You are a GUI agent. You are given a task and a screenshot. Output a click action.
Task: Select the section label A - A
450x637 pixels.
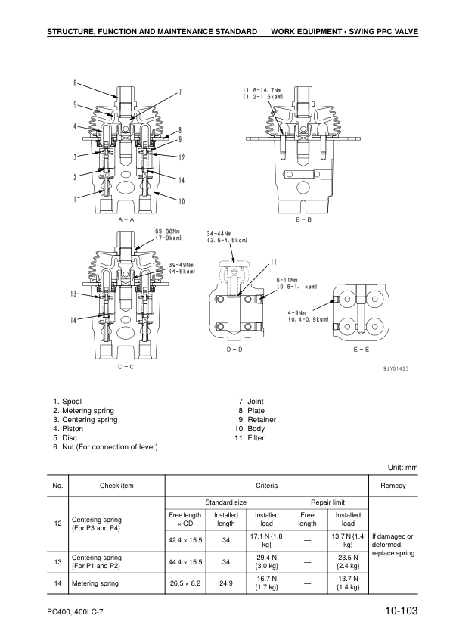[x=126, y=218]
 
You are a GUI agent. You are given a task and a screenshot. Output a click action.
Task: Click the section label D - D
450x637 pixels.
[x=234, y=350]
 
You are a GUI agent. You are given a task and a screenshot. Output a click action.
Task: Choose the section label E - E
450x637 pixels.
[x=361, y=350]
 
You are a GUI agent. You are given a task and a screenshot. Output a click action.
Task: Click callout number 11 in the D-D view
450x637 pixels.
[x=273, y=263]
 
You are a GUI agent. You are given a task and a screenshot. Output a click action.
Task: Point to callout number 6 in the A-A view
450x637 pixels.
[x=75, y=82]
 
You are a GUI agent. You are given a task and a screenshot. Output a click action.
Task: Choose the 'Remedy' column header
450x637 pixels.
[x=393, y=485]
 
